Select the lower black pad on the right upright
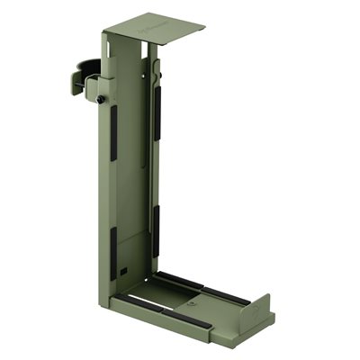click(155, 230)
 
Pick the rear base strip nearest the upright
click(180, 280)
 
